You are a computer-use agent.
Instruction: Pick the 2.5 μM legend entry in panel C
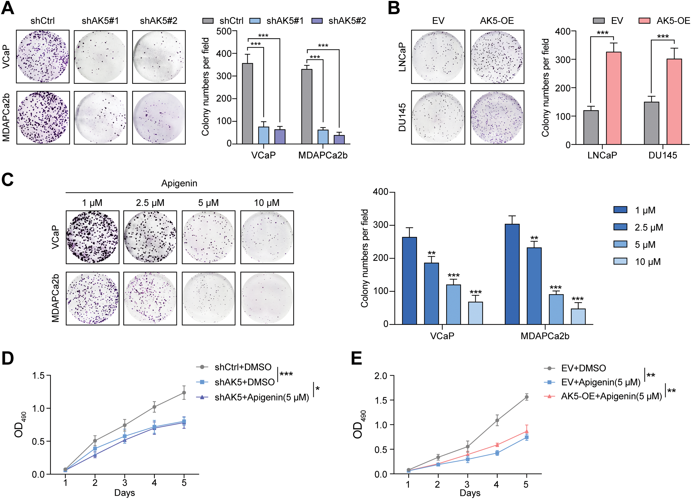[x=649, y=227]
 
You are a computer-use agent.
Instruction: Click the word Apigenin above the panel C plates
[x=179, y=183]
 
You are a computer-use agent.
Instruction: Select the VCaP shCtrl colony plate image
[x=43, y=56]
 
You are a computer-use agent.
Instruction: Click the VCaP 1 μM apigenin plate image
[x=92, y=237]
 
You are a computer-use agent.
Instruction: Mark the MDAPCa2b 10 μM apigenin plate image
[x=267, y=298]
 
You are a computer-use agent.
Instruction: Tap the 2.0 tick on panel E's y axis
[x=380, y=376]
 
